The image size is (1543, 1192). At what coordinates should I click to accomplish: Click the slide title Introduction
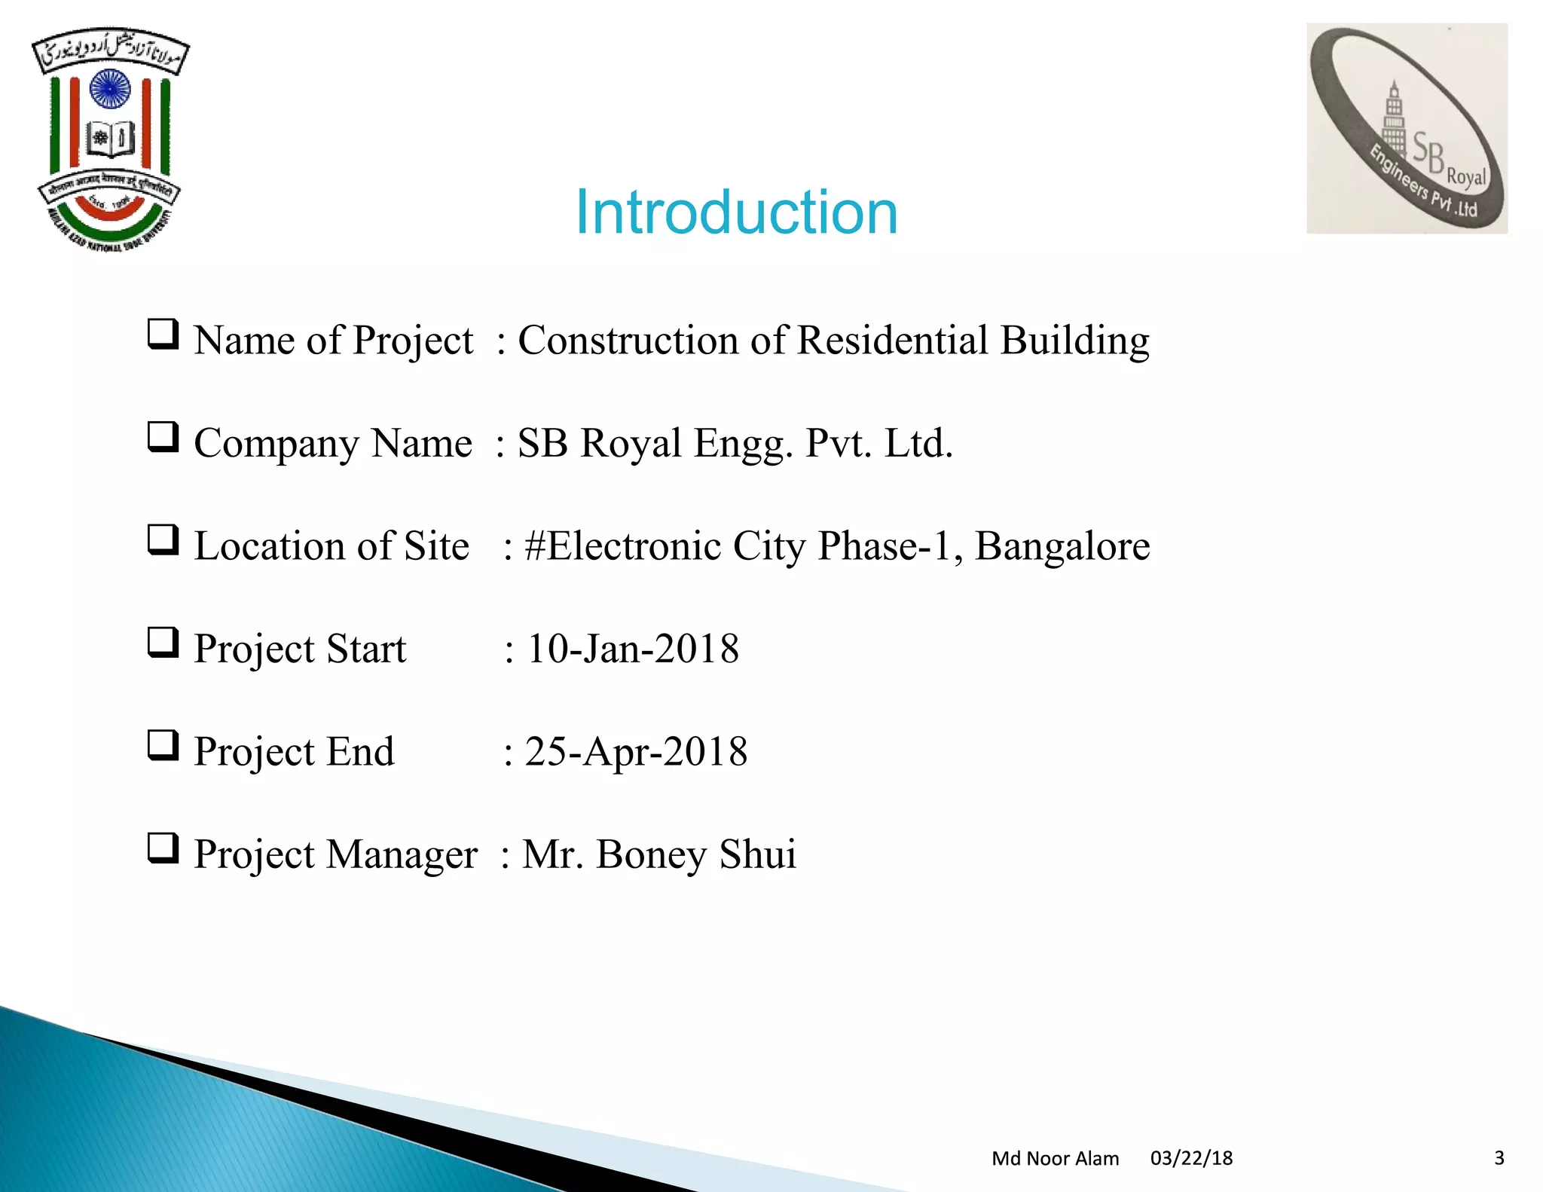point(736,212)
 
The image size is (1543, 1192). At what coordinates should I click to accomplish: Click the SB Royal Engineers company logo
point(1407,129)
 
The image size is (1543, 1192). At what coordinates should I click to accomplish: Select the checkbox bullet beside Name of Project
point(163,334)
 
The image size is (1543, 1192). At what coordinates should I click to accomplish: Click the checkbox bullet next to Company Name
point(163,437)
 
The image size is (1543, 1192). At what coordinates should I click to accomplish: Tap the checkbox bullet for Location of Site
point(163,539)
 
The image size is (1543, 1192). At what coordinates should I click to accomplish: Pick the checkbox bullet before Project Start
point(163,643)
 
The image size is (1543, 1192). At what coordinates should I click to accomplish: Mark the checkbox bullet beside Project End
point(163,745)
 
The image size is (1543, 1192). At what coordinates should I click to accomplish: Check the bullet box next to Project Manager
point(163,848)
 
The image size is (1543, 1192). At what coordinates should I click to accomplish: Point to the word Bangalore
point(1062,546)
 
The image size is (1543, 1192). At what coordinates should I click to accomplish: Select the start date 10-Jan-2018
point(633,649)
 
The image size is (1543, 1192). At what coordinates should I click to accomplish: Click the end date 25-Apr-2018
point(636,752)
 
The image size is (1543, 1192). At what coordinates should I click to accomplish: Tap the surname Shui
point(757,854)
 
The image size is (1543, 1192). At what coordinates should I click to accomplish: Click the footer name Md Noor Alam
point(1055,1158)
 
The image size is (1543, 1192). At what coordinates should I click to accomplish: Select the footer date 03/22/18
point(1191,1158)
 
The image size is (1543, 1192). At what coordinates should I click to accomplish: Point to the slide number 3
point(1499,1158)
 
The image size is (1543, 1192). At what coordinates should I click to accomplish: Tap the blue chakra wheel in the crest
point(110,89)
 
